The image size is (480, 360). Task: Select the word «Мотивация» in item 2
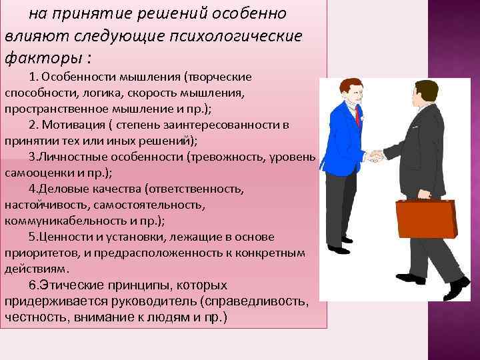73,124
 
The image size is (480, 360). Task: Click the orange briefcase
427,223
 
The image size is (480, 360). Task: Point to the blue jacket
343,140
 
